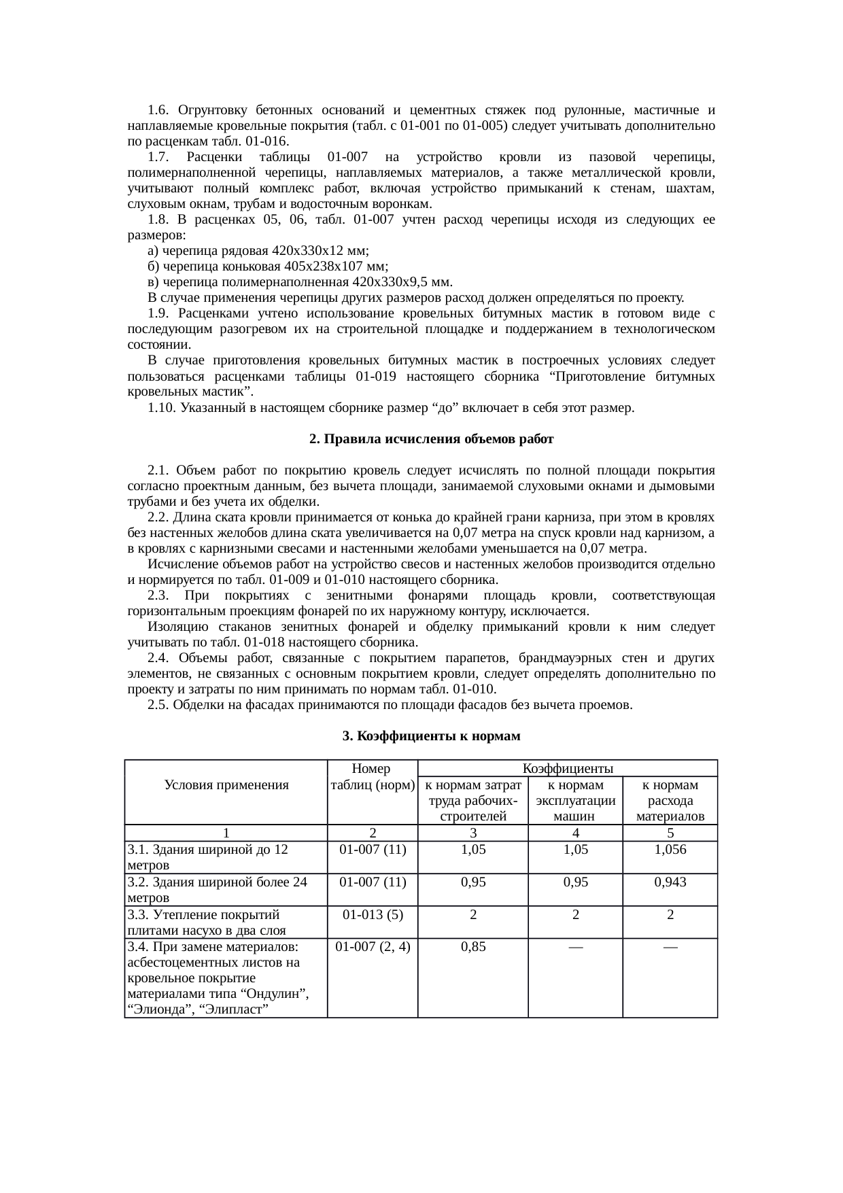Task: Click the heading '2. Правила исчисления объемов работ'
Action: pyautogui.click(x=431, y=439)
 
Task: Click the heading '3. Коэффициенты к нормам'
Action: pyautogui.click(x=431, y=736)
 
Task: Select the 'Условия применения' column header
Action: pyautogui.click(x=226, y=784)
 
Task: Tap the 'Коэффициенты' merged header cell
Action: pyautogui.click(x=568, y=768)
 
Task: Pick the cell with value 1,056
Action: pyautogui.click(x=670, y=849)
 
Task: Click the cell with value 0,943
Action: pyautogui.click(x=670, y=882)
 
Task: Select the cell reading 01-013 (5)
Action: pyautogui.click(x=373, y=914)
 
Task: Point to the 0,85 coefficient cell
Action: pyautogui.click(x=472, y=946)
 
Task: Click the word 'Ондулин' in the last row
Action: pyautogui.click(x=271, y=994)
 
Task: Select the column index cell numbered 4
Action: pyautogui.click(x=575, y=833)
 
